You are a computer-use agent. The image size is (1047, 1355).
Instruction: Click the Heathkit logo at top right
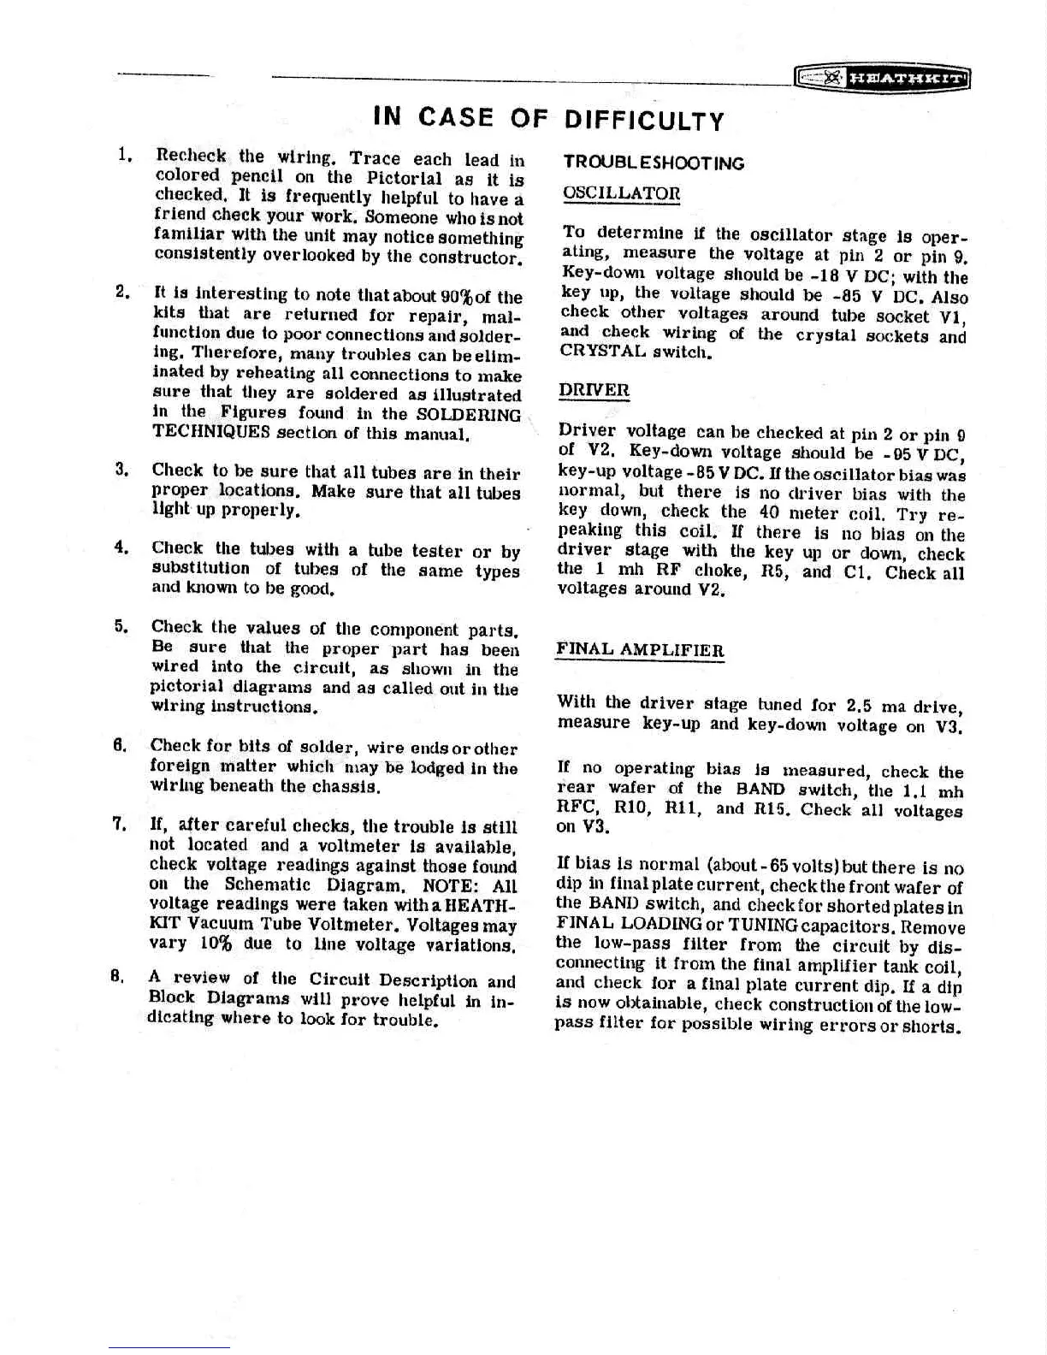pyautogui.click(x=882, y=79)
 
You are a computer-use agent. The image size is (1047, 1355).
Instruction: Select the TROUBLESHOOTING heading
pyautogui.click(x=654, y=163)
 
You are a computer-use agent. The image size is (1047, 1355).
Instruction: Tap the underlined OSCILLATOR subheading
pyautogui.click(x=621, y=193)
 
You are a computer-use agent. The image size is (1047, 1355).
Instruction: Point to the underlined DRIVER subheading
pyautogui.click(x=594, y=390)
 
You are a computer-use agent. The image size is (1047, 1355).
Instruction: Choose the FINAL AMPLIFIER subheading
pyautogui.click(x=640, y=649)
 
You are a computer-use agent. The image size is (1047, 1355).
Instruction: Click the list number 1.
pyautogui.click(x=123, y=156)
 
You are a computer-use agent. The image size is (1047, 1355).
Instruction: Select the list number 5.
pyautogui.click(x=121, y=626)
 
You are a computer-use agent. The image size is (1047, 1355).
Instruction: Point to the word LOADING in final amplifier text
pyautogui.click(x=664, y=925)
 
